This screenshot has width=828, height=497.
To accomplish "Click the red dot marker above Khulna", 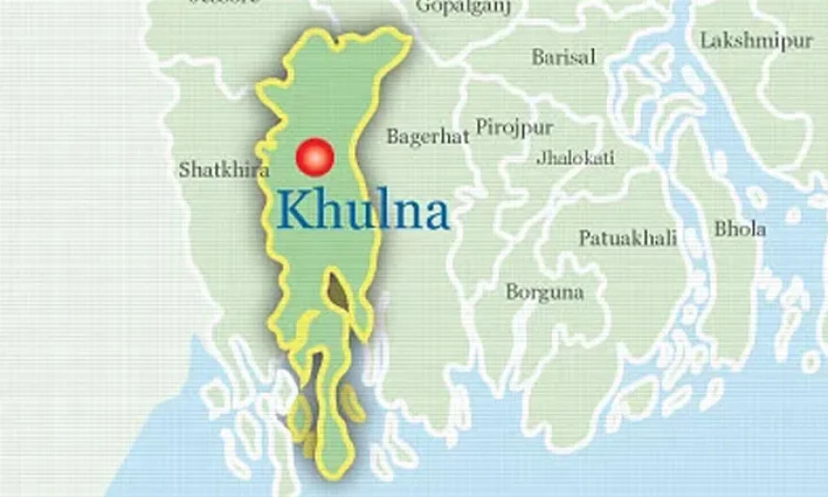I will point(316,157).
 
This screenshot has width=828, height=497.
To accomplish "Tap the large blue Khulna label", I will point(364,211).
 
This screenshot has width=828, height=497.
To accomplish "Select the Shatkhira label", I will point(224,170).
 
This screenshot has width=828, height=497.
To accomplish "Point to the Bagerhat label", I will point(427,137).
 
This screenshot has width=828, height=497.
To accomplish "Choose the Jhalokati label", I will point(575,157).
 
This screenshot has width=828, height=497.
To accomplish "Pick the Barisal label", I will point(563,57).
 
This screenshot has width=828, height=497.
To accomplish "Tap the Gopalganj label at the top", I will point(463,8).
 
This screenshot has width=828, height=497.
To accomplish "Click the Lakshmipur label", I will point(757,40).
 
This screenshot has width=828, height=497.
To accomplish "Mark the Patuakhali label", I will point(628,238).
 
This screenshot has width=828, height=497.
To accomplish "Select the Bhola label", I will point(739,229).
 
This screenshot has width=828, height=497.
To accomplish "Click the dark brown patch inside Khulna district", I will point(336,290).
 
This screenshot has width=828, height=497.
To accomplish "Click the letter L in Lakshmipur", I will point(706,40).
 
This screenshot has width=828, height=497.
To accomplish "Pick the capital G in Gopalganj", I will point(423,7).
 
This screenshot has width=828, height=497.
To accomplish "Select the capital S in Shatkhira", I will point(184,170).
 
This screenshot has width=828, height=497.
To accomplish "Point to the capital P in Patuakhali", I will point(585,238).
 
